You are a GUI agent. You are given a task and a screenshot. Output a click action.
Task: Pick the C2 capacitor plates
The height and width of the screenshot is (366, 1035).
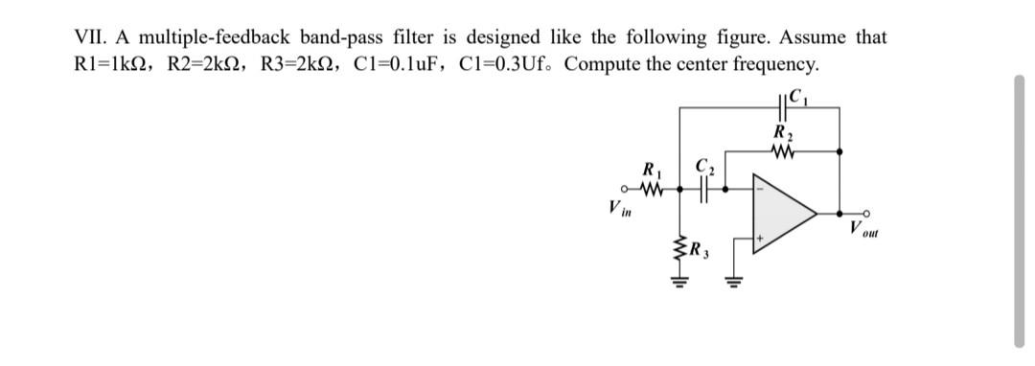pyautogui.click(x=706, y=189)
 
